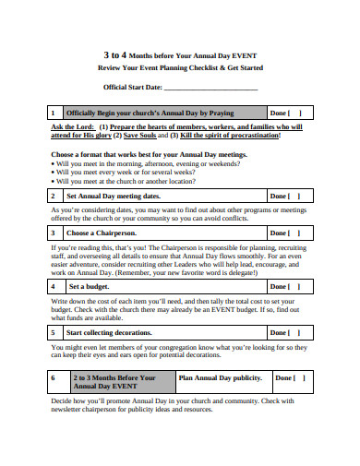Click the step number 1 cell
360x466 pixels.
[x=54, y=113]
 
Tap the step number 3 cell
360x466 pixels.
[x=54, y=233]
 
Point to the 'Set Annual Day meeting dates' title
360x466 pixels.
[x=114, y=196]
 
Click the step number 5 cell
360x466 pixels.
[x=54, y=331]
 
